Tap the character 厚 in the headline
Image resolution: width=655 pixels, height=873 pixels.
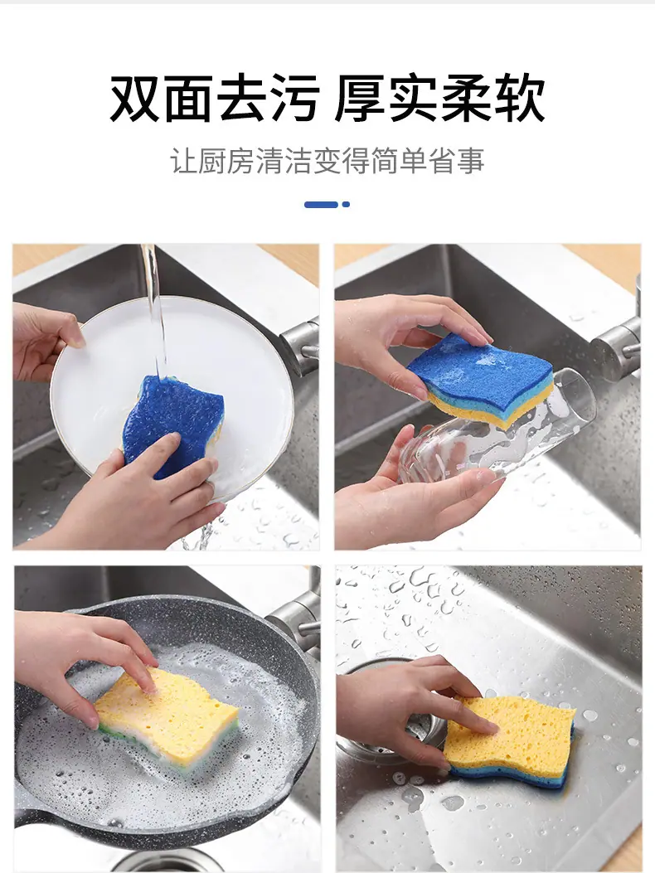[360, 99]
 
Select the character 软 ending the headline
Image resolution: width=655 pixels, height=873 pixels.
[520, 99]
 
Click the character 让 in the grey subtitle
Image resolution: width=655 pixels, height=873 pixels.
[184, 161]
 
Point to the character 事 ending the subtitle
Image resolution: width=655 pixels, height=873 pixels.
[471, 161]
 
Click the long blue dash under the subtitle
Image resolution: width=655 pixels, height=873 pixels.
[322, 204]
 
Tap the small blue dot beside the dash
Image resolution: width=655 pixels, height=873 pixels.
[346, 204]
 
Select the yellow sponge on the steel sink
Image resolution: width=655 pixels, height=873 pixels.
[509, 738]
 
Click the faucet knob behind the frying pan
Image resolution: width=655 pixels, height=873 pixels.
[296, 617]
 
